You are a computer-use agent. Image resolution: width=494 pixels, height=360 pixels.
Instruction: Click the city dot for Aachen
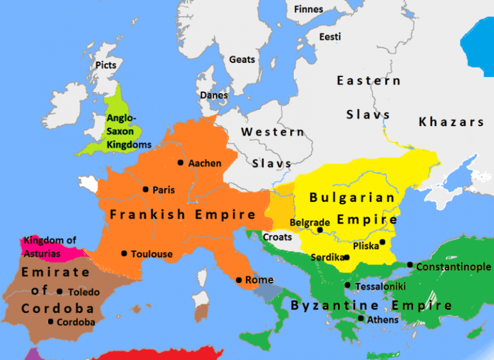[181, 163]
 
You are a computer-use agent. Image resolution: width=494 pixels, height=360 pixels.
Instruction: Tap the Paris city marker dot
[146, 189]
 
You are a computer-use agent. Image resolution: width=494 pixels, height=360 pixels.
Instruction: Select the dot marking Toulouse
[124, 253]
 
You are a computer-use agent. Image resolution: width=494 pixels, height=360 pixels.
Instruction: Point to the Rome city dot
[239, 280]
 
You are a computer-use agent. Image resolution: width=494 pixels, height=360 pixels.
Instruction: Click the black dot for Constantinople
[410, 265]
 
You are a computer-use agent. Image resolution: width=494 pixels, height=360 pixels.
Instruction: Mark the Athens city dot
[361, 318]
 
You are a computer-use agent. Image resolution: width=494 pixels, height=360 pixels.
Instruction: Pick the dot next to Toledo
[60, 291]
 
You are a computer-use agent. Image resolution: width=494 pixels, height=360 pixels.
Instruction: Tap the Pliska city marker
[381, 242]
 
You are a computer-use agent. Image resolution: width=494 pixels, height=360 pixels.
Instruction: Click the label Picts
[105, 66]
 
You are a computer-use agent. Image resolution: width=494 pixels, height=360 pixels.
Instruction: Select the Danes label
[213, 94]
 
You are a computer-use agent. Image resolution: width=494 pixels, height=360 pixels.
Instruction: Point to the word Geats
[242, 59]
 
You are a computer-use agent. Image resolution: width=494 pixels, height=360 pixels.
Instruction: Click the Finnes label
[308, 10]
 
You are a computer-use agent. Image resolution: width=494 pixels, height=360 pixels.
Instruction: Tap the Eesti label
[330, 37]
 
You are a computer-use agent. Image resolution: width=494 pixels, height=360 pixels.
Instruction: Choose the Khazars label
[451, 122]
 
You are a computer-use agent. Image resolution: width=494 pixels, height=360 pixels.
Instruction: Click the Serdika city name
[325, 257]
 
